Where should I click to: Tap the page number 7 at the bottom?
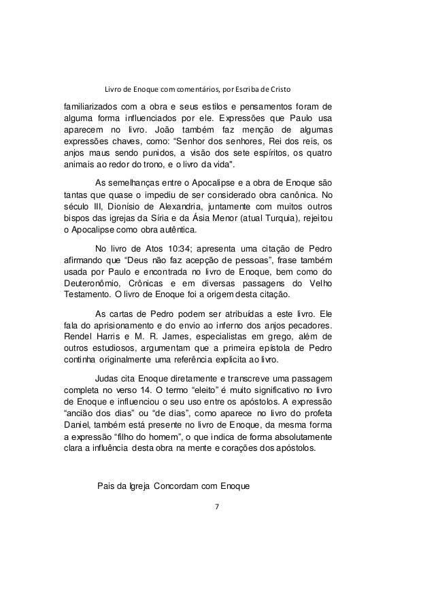(216, 506)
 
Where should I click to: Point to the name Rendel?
(76, 337)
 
